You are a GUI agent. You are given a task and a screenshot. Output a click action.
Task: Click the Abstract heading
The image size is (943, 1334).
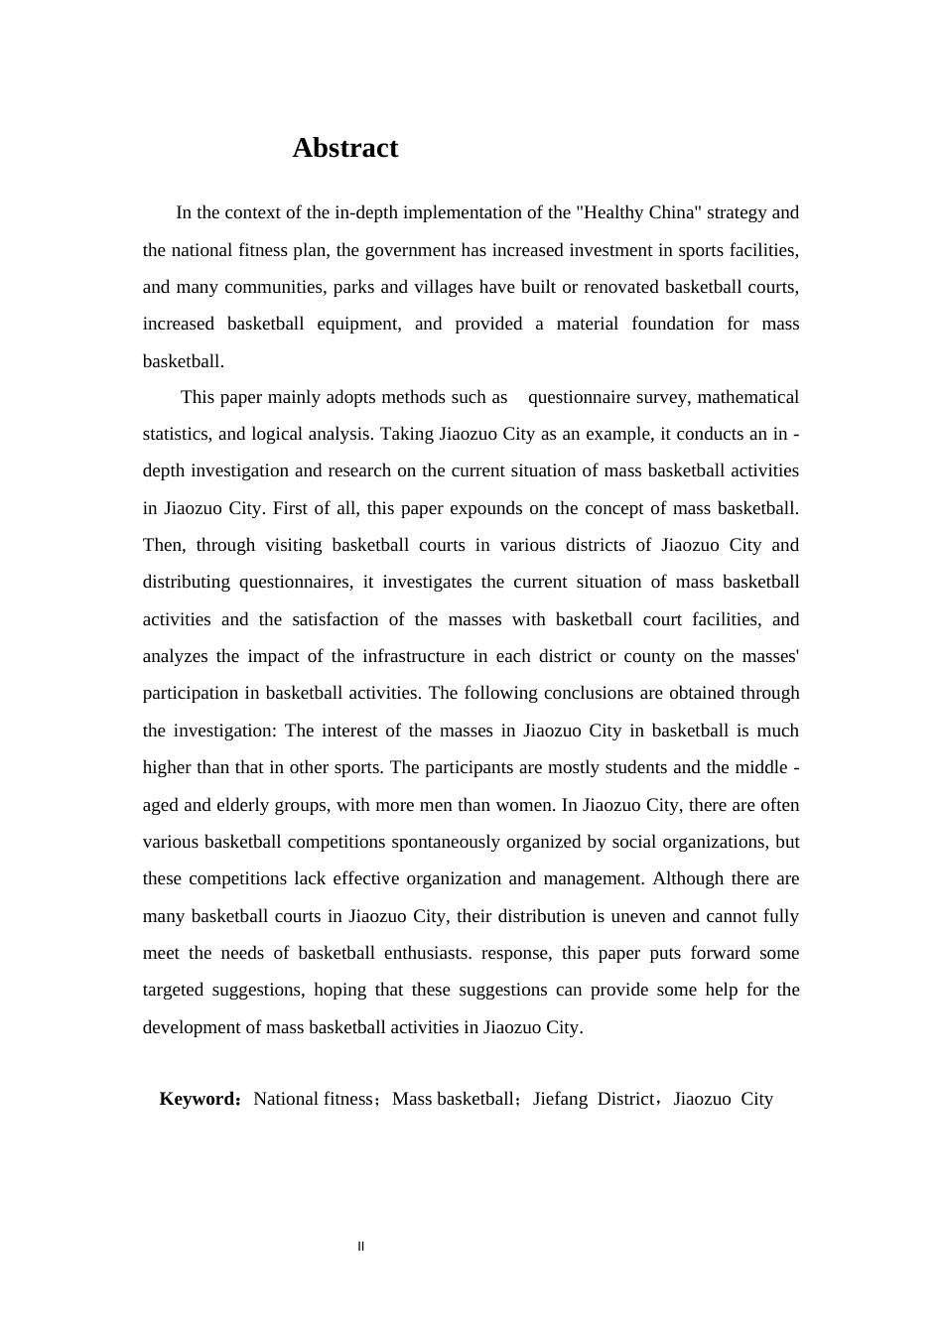[x=344, y=148]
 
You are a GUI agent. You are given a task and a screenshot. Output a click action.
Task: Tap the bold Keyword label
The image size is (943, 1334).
[x=198, y=1099]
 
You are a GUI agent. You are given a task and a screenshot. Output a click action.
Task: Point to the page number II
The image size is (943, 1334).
[x=361, y=1247]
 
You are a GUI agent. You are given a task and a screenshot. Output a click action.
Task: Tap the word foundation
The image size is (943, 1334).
[x=672, y=324]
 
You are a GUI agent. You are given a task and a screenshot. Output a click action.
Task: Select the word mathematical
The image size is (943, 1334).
[x=747, y=397]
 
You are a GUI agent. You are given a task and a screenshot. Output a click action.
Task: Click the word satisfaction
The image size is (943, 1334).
[x=336, y=619]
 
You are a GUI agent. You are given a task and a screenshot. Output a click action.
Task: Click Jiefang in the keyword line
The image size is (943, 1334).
[x=560, y=1099]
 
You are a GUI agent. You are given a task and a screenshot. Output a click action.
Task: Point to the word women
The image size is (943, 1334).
[x=522, y=805]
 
